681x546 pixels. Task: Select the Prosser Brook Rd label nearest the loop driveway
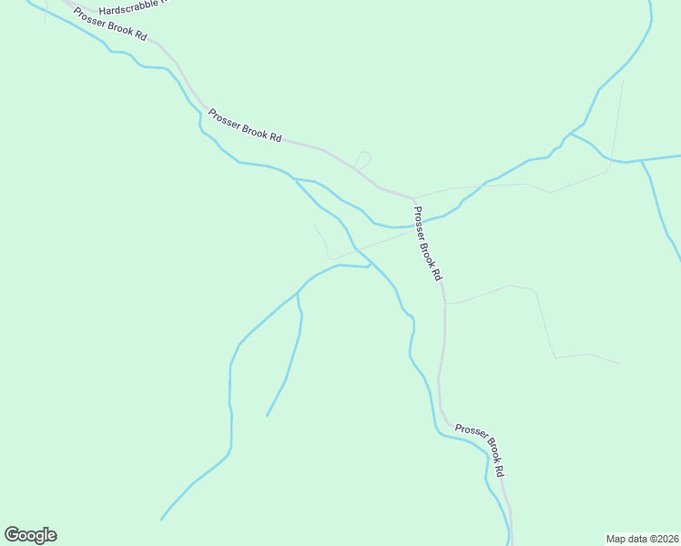point(245,125)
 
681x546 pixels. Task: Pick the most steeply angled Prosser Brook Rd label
point(427,243)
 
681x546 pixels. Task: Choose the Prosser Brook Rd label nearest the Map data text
point(479,450)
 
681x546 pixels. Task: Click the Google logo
point(30,535)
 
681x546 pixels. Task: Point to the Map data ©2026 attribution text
point(642,539)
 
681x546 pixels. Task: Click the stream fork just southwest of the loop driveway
point(295,179)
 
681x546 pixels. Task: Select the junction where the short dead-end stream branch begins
point(298,294)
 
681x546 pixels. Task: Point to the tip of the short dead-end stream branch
point(267,416)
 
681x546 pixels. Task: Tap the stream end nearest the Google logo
point(161,520)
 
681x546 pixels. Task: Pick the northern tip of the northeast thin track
point(624,80)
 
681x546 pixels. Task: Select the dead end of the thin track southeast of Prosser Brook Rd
point(619,363)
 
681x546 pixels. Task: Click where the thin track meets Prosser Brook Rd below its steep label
point(444,302)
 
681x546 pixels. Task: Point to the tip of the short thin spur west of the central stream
point(315,226)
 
